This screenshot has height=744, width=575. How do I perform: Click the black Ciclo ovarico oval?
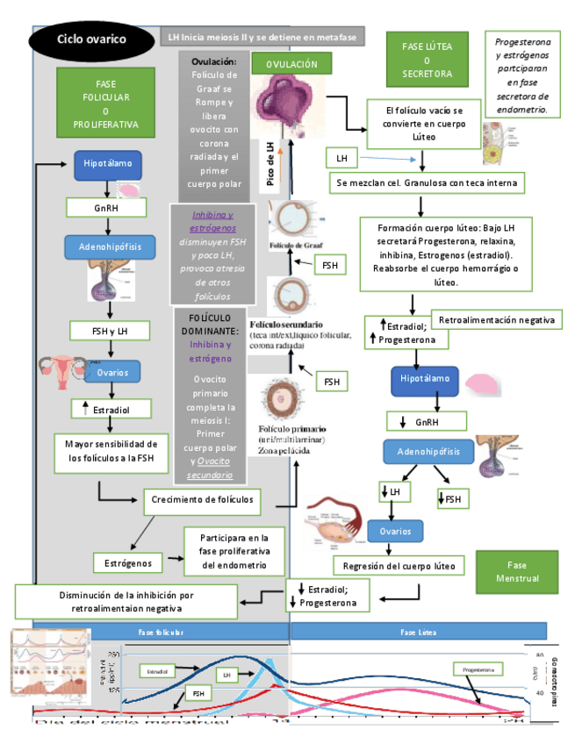pyautogui.click(x=91, y=39)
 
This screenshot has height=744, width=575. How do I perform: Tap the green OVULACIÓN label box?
pyautogui.click(x=291, y=64)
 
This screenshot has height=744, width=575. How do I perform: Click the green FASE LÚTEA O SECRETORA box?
pyautogui.click(x=427, y=60)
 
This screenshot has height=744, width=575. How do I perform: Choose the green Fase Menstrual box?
pyautogui.click(x=516, y=572)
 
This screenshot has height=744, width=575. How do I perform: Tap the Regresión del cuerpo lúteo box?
pyautogui.click(x=399, y=565)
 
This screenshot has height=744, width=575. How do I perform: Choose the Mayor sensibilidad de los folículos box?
pyautogui.click(x=110, y=450)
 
